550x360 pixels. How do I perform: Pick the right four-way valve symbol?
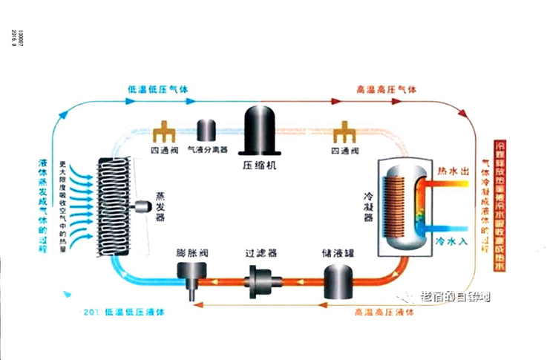(x=344, y=133)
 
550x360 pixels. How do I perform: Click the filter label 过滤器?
(x=261, y=252)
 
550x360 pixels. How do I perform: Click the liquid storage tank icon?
(x=336, y=281)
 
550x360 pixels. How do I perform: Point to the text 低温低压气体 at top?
(x=158, y=89)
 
